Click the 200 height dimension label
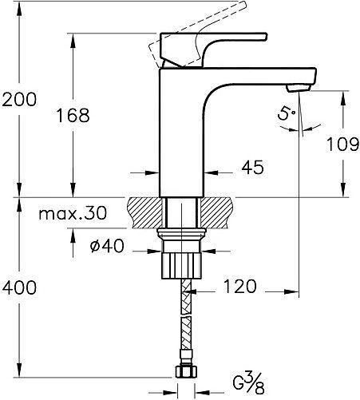tap(19, 99)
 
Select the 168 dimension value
tap(73, 115)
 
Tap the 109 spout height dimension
tap(342, 145)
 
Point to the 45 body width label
tap(253, 167)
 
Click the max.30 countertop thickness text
tap(73, 212)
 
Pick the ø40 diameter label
tap(107, 245)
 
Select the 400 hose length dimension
tap(19, 287)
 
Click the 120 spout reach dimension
tap(239, 287)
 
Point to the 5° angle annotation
tap(287, 113)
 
